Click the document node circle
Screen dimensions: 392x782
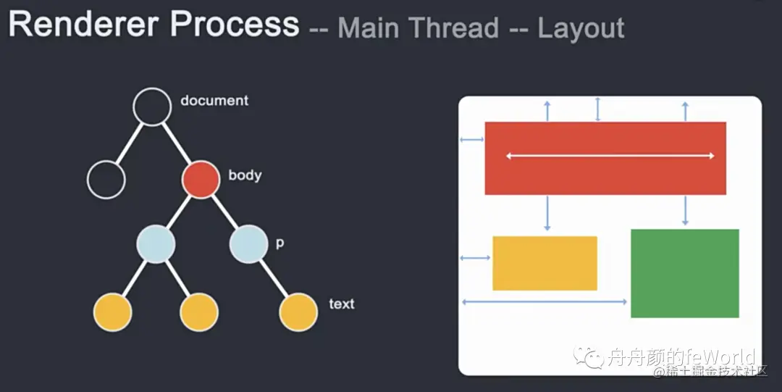tap(153, 107)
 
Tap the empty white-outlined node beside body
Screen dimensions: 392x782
tap(106, 179)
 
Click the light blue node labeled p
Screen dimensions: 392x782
tap(248, 244)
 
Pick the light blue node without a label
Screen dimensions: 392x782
tap(156, 244)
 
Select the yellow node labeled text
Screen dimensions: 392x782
tap(298, 312)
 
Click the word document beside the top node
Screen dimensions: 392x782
tap(214, 101)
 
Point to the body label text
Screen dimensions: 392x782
tap(245, 175)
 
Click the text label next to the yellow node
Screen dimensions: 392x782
tap(342, 304)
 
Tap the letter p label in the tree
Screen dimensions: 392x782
tap(279, 243)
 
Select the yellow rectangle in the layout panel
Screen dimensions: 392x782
tap(545, 263)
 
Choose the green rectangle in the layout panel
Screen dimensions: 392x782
tap(684, 273)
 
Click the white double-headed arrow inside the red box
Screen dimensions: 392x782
tap(610, 156)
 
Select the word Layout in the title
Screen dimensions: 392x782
tap(581, 28)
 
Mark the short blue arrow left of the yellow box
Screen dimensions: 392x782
tap(475, 258)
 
